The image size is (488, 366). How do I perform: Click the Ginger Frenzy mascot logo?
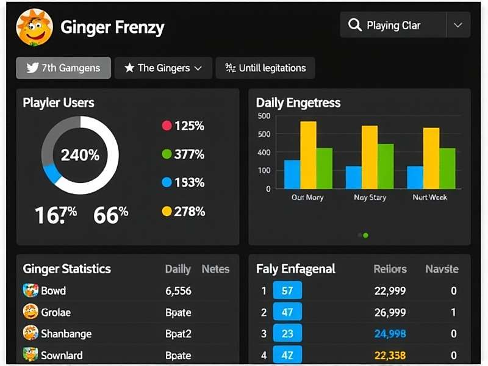pos(34,27)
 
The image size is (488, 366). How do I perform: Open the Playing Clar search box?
pos(393,26)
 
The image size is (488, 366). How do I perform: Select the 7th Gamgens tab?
pos(63,68)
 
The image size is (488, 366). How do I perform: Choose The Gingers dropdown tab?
pos(163,68)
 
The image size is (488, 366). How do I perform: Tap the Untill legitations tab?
pos(265,68)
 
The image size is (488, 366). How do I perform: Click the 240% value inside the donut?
pos(80,155)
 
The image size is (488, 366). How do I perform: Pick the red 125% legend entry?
pos(182,126)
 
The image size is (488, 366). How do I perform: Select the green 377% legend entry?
pos(182,154)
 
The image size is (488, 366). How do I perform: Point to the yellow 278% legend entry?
pos(182,211)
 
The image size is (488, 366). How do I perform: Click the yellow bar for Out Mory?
pos(308,155)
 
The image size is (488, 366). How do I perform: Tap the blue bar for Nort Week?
pos(415,178)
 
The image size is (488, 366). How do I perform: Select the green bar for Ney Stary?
pos(386,167)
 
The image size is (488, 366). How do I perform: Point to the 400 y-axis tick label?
pos(264,152)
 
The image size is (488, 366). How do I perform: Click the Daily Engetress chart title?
pos(298,103)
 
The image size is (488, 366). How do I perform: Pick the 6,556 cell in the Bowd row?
pos(178,291)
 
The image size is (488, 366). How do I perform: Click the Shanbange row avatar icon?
pos(30,334)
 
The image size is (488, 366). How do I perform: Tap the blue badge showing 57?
pos(287,291)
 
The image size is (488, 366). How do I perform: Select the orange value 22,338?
pos(390,355)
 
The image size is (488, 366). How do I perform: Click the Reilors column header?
pos(390,269)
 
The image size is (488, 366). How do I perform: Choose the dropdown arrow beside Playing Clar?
pos(458,26)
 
